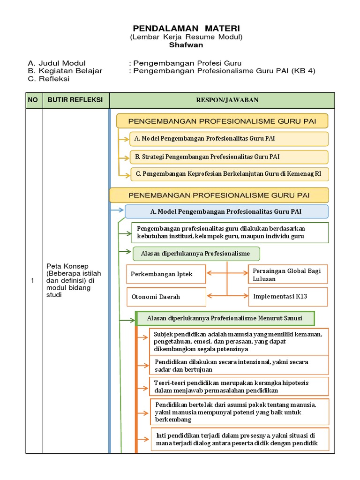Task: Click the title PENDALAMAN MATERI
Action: (x=187, y=29)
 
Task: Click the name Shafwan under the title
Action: (x=187, y=45)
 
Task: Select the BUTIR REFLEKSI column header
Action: (x=75, y=100)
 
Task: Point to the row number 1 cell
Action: (x=33, y=281)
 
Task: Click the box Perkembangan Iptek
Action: (x=166, y=274)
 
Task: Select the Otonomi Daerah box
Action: (x=166, y=297)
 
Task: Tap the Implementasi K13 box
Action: (x=287, y=296)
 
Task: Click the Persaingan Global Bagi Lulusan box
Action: (x=287, y=275)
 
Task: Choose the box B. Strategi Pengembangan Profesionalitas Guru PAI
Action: (x=229, y=157)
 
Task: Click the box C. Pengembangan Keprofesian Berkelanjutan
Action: (x=229, y=174)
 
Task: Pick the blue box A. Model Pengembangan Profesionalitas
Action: (x=226, y=212)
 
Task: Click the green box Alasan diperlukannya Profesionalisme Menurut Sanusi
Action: (x=225, y=319)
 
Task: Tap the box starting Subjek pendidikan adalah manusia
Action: (x=239, y=342)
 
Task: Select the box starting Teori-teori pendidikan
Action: (x=239, y=387)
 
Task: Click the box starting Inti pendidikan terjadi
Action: (x=240, y=439)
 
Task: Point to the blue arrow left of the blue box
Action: (x=117, y=210)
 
